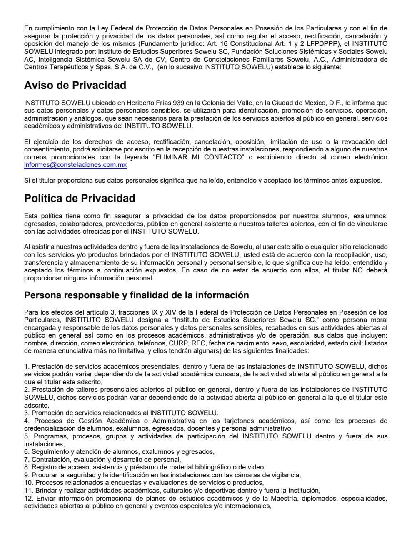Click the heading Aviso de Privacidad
pos(75,86)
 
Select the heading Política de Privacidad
pos(79,198)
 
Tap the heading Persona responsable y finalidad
pos(136,295)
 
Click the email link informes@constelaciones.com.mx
pos(75,165)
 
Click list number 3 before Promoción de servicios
pos(26,413)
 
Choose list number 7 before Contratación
pos(26,459)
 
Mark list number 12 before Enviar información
pos(28,499)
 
